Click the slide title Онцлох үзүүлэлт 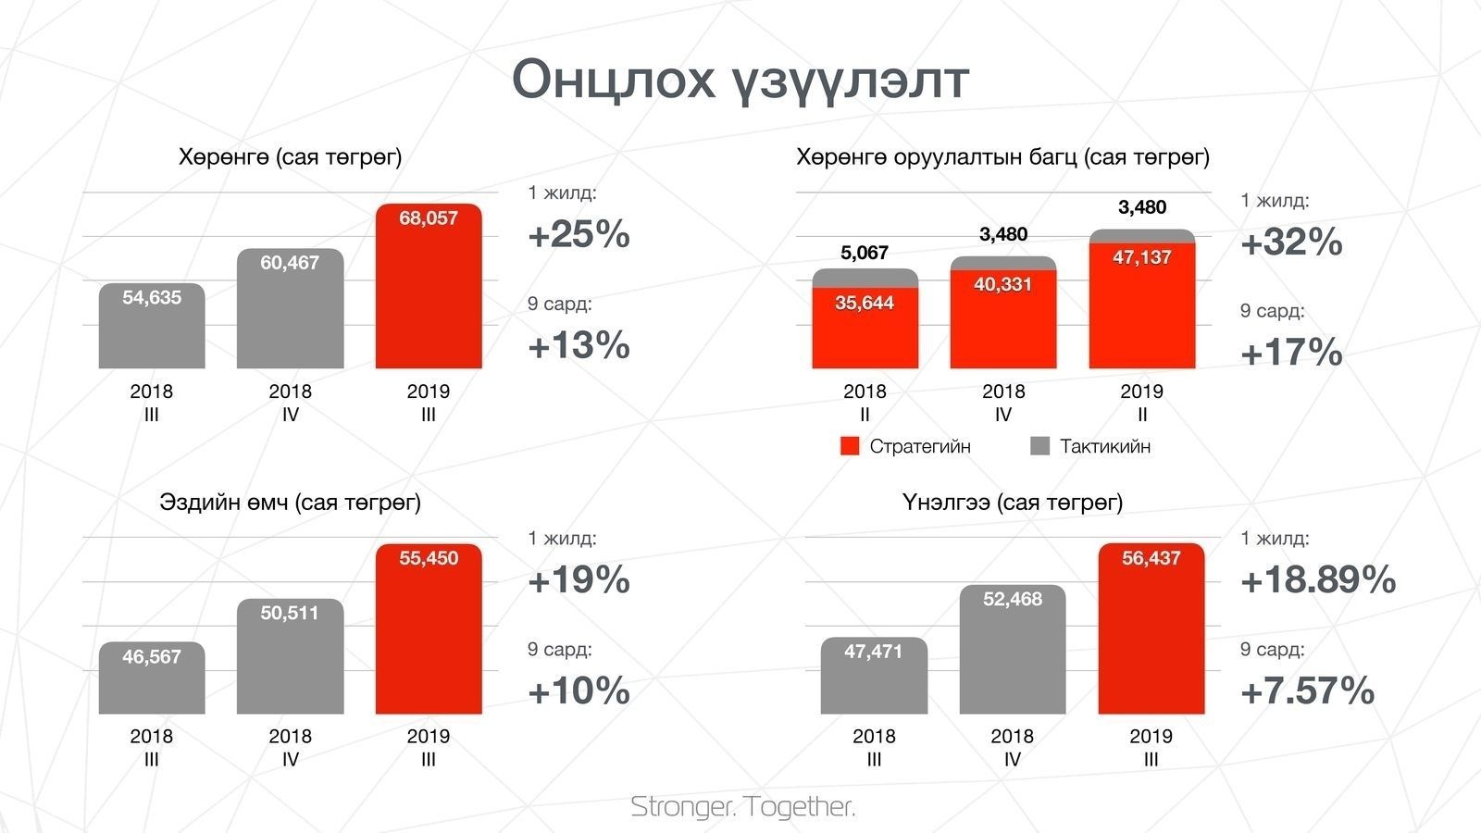[x=740, y=81]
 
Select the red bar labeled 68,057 [x=429, y=286]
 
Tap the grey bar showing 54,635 [x=152, y=326]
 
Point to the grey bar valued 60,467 [x=291, y=309]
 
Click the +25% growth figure [x=579, y=234]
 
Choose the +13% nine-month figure [x=579, y=345]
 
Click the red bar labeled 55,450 [x=429, y=628]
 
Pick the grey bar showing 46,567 [x=152, y=678]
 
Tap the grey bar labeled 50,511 [x=291, y=656]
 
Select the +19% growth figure [x=579, y=579]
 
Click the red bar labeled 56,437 [x=1151, y=628]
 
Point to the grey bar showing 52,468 [x=1013, y=649]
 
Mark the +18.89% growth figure [x=1318, y=579]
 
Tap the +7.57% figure [x=1307, y=690]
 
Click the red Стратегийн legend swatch [x=850, y=446]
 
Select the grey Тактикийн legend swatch [x=1040, y=446]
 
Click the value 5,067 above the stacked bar [x=865, y=253]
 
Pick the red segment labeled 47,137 [x=1142, y=306]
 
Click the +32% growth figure [x=1291, y=242]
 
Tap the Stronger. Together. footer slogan [x=742, y=806]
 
